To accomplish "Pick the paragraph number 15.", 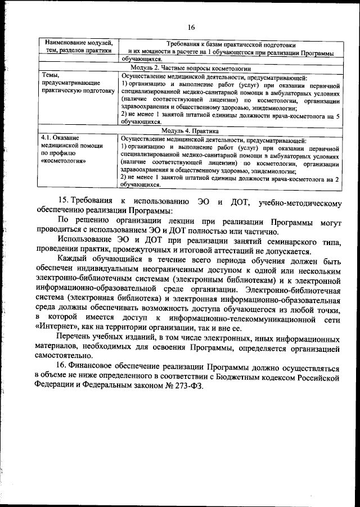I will [65, 201].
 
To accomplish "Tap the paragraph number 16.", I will [65, 368].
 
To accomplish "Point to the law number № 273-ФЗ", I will [181, 387].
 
